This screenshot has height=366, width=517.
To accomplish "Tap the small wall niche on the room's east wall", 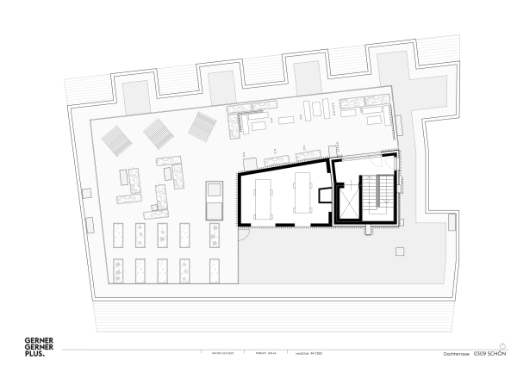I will [x=324, y=195].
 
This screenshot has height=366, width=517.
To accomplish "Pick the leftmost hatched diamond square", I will [x=117, y=138].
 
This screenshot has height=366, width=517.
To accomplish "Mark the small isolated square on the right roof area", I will [x=399, y=251].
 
